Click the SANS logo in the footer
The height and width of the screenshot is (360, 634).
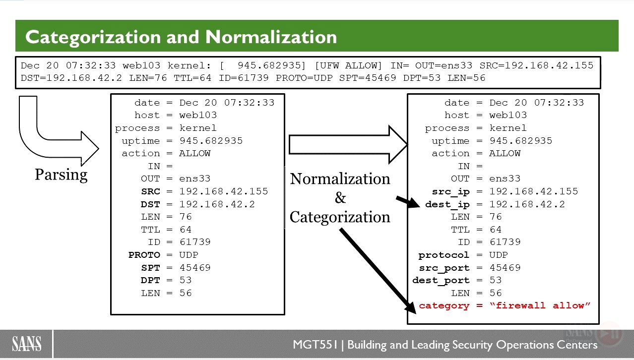(x=27, y=344)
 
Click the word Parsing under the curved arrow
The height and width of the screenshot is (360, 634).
(x=61, y=175)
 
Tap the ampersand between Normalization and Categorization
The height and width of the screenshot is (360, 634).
(x=340, y=197)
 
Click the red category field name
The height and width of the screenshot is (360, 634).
(x=444, y=306)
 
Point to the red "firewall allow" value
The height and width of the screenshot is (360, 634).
(x=540, y=305)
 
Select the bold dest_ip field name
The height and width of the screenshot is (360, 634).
(x=447, y=205)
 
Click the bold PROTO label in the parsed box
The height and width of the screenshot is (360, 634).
(x=144, y=255)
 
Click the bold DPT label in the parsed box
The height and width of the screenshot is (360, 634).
(x=150, y=280)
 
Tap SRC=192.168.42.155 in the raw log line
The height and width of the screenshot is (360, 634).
(x=536, y=65)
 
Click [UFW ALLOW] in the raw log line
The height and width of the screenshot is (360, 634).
(x=348, y=66)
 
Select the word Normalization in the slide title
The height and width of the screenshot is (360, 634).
(x=271, y=37)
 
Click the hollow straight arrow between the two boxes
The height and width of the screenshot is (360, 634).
(x=348, y=145)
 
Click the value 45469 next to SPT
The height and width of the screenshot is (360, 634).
(x=195, y=267)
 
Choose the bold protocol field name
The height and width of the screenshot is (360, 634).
(x=444, y=255)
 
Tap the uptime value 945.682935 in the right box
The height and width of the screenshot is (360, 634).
(x=521, y=141)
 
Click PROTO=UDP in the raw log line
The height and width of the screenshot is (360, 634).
(x=304, y=78)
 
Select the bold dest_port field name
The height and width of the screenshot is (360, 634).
(x=441, y=281)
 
